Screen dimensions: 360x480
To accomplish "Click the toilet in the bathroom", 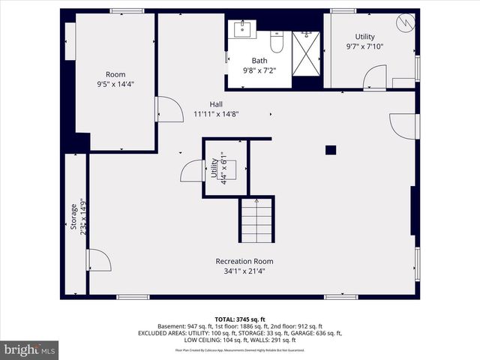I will coord(275,44).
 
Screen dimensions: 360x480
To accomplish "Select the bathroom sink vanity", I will coord(243,29).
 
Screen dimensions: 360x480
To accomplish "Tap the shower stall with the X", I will coord(305,54).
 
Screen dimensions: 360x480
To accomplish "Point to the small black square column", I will coord(330,150).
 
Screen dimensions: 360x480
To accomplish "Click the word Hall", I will coord(216,104).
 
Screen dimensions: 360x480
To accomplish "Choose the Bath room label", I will coord(259,61).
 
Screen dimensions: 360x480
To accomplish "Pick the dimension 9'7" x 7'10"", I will coord(365,46).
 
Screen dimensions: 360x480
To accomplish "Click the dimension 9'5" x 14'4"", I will coord(115,84).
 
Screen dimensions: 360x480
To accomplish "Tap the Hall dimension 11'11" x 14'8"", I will coord(216,114).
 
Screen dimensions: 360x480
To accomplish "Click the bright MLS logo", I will coord(30,349).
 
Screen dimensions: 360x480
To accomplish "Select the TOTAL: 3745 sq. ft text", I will coord(240,319).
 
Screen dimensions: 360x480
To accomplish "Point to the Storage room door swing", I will coord(98,260).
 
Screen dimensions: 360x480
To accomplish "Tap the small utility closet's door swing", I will coord(192,171).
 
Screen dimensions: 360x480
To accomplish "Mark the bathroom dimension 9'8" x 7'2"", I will coord(259,70).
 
